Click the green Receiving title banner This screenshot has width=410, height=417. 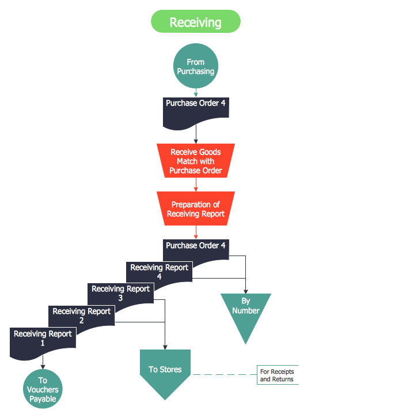[195, 22]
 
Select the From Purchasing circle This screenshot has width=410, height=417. [196, 67]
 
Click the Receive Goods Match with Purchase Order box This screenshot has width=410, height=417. [196, 161]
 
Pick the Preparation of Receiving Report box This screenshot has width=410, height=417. [196, 209]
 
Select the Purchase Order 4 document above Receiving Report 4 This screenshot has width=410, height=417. [196, 246]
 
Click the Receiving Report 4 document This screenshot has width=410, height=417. [159, 270]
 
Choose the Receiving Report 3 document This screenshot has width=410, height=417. [120, 292]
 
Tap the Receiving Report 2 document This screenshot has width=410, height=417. [81, 314]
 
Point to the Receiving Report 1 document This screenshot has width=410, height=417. [43, 337]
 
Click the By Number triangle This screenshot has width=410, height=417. [246, 309]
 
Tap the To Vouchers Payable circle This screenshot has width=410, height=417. [43, 389]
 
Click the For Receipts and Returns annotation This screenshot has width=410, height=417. [278, 375]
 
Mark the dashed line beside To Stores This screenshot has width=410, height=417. [225, 375]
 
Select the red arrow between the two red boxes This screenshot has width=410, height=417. [196, 184]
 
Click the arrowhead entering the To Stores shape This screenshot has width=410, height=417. [165, 347]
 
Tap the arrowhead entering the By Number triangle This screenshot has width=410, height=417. [246, 291]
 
